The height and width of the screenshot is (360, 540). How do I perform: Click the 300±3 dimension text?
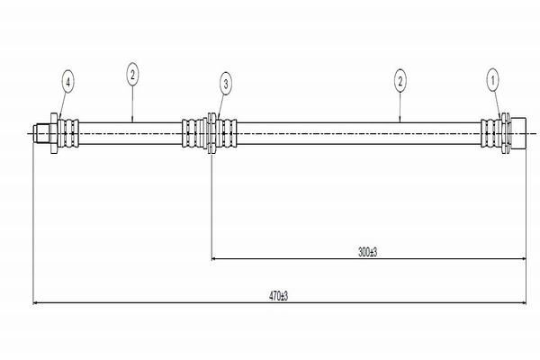coord(367,252)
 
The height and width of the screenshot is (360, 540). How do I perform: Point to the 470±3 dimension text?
coord(278,296)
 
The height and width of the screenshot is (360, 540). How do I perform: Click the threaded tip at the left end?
coord(41,133)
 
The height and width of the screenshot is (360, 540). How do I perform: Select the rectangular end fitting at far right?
coord(518,133)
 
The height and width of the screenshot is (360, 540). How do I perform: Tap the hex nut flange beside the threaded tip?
coord(54,133)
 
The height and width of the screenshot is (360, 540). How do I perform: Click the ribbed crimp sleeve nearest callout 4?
coord(68,133)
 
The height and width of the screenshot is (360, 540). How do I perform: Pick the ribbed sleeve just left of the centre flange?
coord(194,133)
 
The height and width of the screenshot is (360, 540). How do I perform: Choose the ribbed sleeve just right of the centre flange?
coord(227,133)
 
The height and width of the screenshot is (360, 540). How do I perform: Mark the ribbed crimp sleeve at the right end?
coord(491,133)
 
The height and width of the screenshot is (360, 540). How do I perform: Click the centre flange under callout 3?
coord(211,133)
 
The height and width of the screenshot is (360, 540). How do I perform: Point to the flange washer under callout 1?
coord(506,133)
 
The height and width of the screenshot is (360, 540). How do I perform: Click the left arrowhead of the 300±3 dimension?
coord(214,258)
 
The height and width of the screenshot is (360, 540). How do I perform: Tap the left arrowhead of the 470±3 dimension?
coord(35,302)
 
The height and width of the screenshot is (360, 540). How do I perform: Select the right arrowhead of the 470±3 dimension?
coord(524,302)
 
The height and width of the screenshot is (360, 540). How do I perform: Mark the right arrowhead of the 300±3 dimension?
coord(524,258)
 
